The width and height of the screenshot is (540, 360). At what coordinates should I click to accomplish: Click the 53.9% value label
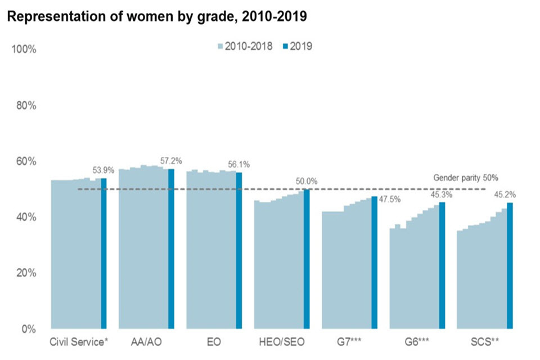coord(103,170)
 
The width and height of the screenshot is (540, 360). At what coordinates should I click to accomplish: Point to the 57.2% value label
coord(171,161)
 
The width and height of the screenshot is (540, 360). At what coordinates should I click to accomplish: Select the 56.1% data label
coord(238,164)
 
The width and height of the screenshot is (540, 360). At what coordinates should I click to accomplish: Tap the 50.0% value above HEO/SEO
coord(307,181)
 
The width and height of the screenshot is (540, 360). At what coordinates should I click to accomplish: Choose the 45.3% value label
coord(442,195)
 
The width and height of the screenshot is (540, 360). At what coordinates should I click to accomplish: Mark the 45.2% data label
coord(510,195)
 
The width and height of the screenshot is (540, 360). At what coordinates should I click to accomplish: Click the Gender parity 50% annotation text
coord(466,178)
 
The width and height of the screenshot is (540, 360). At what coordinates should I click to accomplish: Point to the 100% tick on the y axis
coord(24,49)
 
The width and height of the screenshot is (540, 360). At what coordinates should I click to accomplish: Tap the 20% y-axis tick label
coord(26,273)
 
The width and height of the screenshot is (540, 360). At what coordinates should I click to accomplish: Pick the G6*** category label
coord(417,341)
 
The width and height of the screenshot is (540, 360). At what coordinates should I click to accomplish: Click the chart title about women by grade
coord(156,17)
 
